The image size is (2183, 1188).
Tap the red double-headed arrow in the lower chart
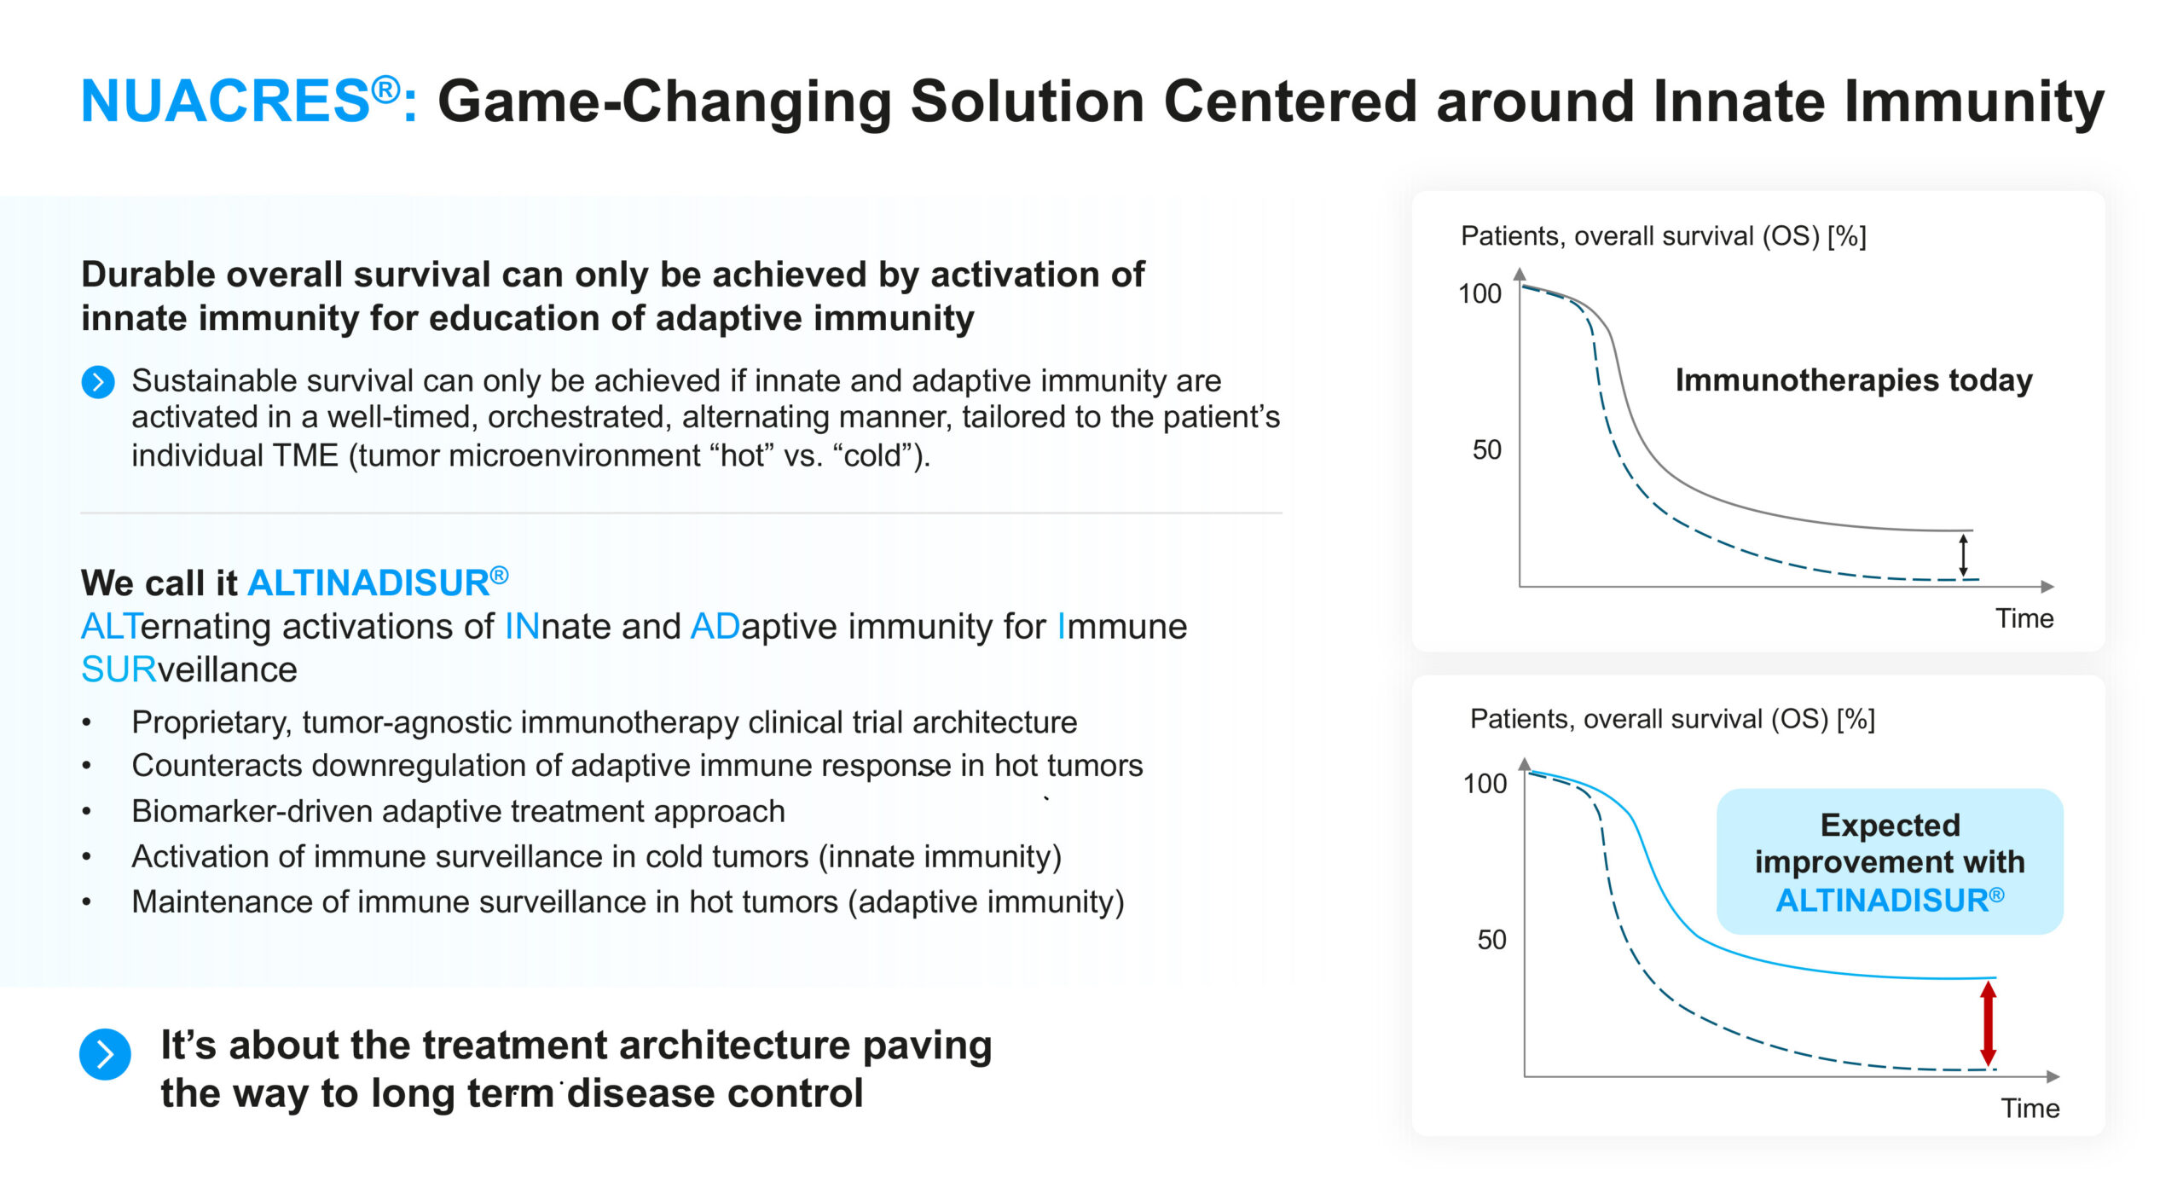click(x=1988, y=1023)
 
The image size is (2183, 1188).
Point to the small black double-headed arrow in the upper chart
click(x=1963, y=555)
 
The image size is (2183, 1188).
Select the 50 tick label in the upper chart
click(x=1486, y=449)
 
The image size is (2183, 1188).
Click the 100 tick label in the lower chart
click(x=1485, y=783)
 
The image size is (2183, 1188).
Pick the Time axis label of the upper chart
click(x=2024, y=618)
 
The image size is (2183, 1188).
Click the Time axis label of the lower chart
click(x=2030, y=1108)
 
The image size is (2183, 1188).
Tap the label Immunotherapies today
click(x=1854, y=380)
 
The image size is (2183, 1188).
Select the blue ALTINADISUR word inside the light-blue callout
click(x=1883, y=901)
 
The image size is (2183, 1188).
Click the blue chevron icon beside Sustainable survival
click(x=98, y=382)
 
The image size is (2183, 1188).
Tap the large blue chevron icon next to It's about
click(x=105, y=1055)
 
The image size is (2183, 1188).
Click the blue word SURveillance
click(x=188, y=670)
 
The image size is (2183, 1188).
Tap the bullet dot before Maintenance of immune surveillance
click(x=86, y=901)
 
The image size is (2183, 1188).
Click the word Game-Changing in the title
click(x=664, y=101)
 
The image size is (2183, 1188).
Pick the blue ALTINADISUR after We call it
click(x=368, y=583)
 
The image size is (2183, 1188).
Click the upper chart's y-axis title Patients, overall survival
click(x=1663, y=236)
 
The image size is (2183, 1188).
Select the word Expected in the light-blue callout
click(x=1890, y=825)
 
